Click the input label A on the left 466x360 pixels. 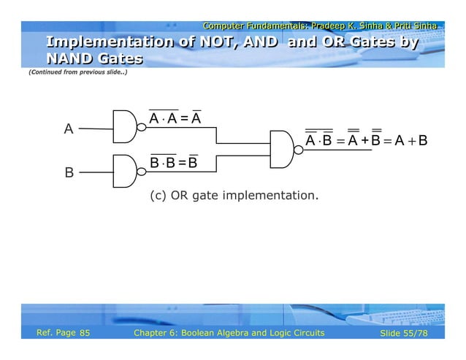click(x=69, y=129)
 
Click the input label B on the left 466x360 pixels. click(x=69, y=173)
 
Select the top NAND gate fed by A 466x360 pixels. click(x=125, y=126)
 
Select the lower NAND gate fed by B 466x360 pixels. click(x=125, y=170)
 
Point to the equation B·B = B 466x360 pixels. click(x=174, y=161)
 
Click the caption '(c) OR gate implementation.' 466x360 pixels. click(x=234, y=196)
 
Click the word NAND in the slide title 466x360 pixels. click(x=71, y=58)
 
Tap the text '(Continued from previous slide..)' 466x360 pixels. click(x=77, y=74)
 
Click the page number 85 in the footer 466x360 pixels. click(x=85, y=334)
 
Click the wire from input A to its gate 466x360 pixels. click(x=95, y=129)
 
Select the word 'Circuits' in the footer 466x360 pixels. click(x=303, y=334)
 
